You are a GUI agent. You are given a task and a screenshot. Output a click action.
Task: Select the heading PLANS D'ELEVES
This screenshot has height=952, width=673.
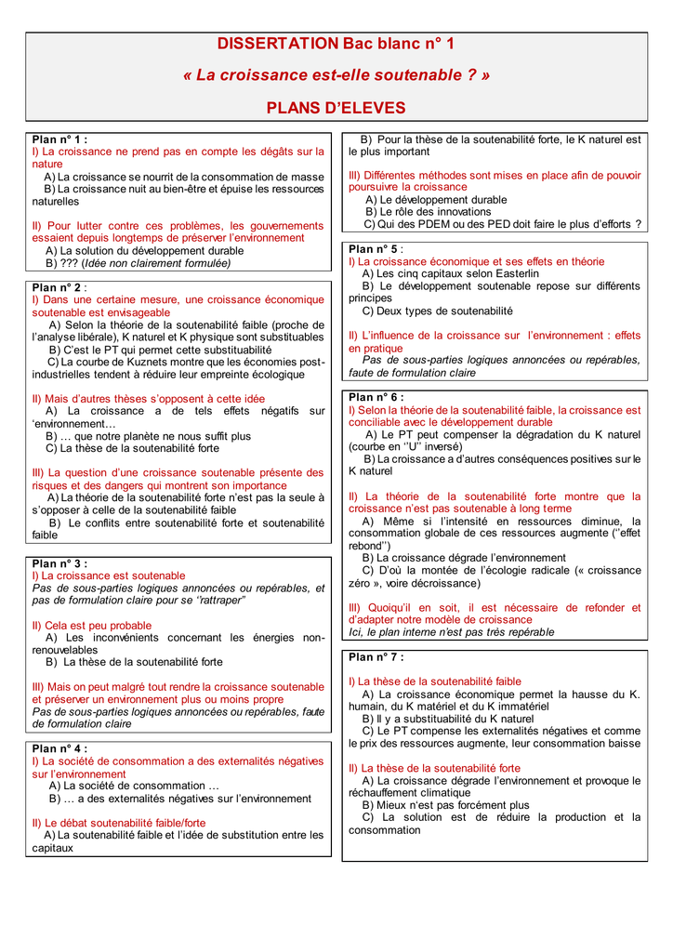point(336,107)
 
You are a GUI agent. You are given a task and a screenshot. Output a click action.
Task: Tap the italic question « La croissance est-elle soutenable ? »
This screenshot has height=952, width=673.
point(336,75)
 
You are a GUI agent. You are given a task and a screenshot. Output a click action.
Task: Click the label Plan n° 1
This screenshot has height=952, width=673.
point(59,139)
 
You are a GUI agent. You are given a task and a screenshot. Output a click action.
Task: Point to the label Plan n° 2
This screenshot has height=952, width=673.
point(59,288)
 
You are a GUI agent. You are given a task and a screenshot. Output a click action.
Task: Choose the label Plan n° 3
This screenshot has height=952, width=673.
point(59,563)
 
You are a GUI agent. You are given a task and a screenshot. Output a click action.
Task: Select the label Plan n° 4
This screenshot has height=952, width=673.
point(59,748)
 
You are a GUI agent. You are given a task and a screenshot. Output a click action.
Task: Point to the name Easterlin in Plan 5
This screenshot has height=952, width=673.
point(510,274)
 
